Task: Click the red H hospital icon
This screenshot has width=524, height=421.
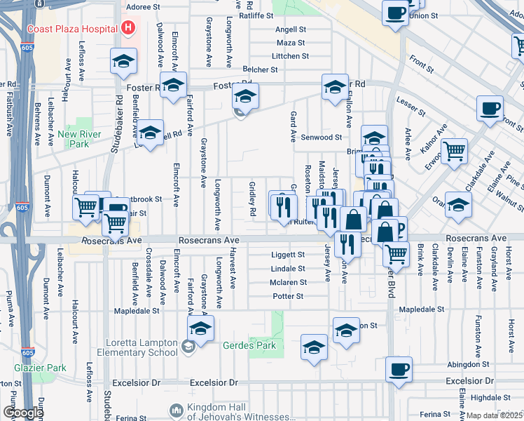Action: [x=128, y=28]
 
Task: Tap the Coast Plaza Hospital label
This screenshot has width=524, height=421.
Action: [x=72, y=29]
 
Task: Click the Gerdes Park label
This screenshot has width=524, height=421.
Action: [x=249, y=345]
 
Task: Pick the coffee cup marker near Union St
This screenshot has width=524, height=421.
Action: [x=396, y=13]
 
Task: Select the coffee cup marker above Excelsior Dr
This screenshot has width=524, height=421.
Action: [x=399, y=369]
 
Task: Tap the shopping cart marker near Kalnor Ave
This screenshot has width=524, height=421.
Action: [x=455, y=149]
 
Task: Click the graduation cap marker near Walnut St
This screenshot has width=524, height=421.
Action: [x=459, y=205]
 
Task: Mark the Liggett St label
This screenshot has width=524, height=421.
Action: [x=288, y=255]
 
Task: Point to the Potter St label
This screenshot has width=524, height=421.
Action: [x=288, y=296]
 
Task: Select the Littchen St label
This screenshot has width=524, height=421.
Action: [x=291, y=56]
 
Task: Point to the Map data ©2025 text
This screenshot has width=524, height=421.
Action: [x=494, y=415]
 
